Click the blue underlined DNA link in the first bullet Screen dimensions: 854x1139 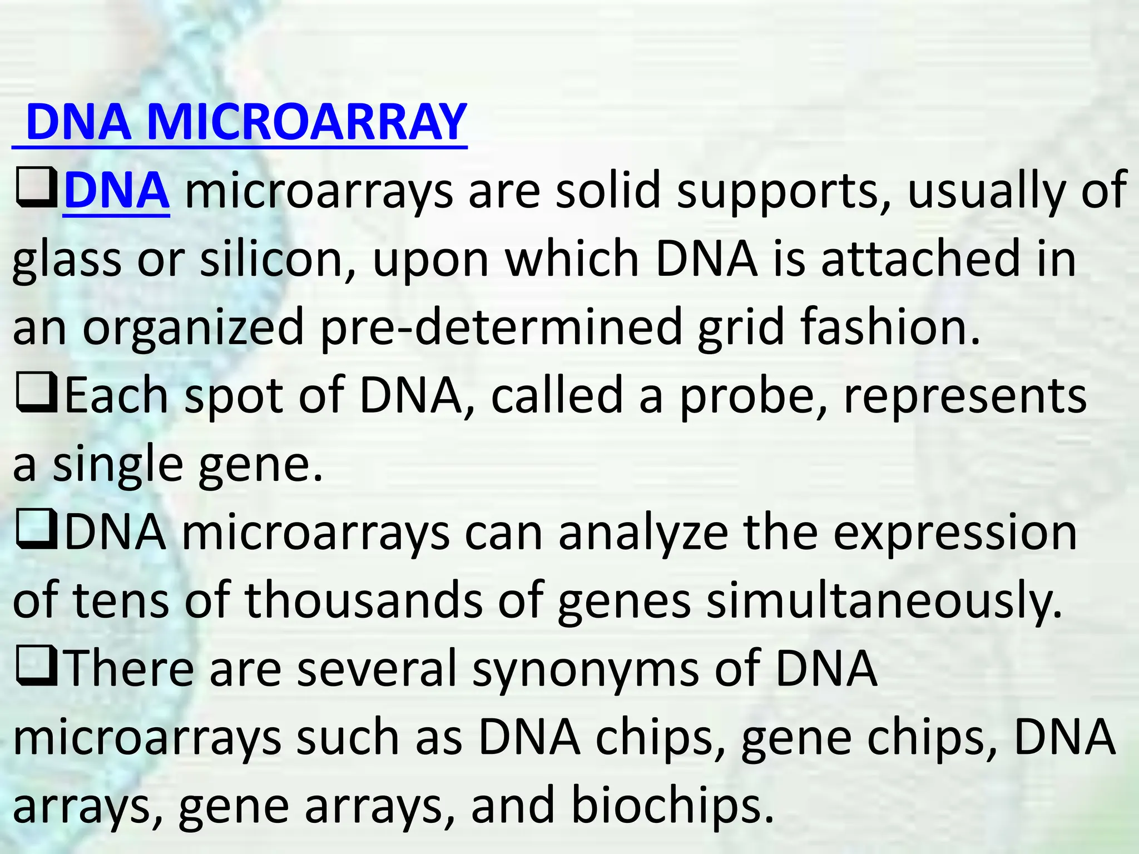(x=116, y=190)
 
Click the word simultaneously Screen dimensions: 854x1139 (x=884, y=602)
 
